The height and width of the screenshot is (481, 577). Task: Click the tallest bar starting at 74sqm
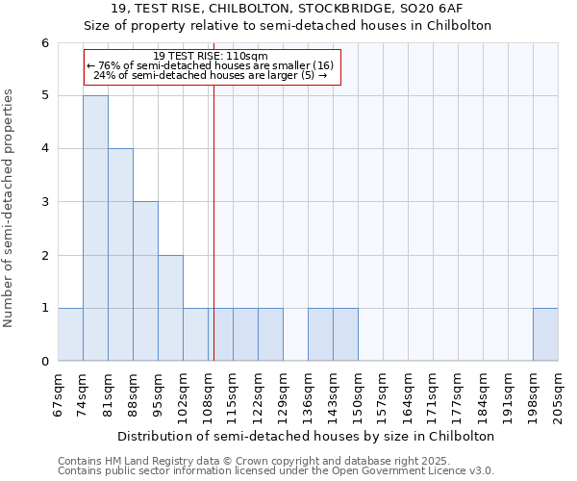coord(95,228)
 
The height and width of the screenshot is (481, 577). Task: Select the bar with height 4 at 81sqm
coord(120,255)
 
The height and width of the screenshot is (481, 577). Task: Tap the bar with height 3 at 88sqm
coord(145,281)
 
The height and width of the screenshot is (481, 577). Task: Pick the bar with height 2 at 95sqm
coord(170,308)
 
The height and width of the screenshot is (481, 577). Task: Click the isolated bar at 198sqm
coord(545,335)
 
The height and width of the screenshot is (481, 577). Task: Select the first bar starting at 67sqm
coord(70,335)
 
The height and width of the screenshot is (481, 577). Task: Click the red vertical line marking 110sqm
coord(213,221)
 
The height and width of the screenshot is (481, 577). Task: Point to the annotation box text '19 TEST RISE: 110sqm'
coord(211,57)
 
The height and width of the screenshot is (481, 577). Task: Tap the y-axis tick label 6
coord(45,42)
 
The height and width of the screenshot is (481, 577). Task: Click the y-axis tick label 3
coord(45,202)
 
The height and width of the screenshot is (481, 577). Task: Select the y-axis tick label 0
coord(45,362)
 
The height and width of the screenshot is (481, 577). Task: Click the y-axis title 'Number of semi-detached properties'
coord(10,208)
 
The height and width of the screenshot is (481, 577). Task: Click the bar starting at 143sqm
coord(345,335)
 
